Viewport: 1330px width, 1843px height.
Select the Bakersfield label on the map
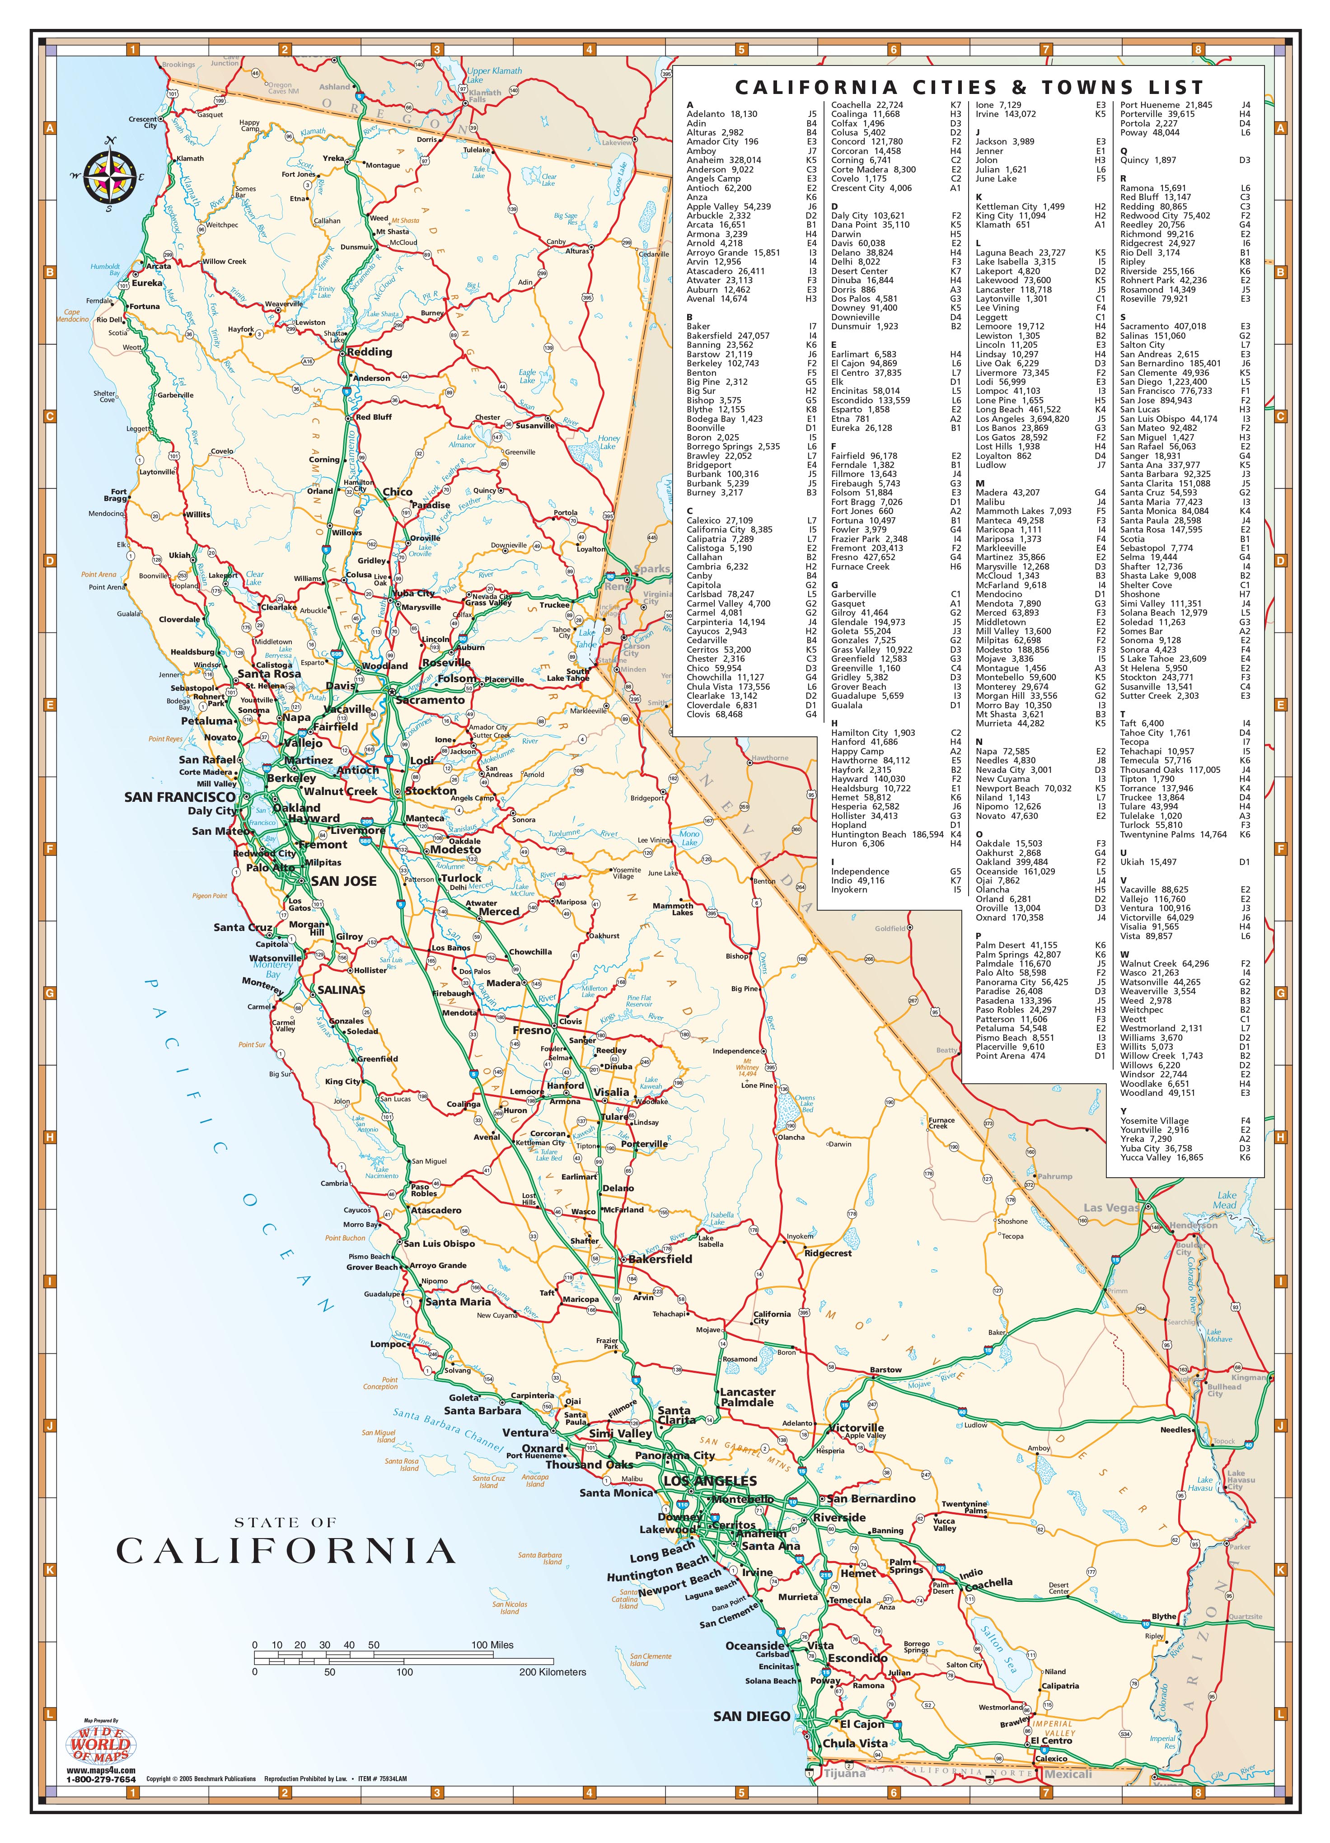coord(660,1259)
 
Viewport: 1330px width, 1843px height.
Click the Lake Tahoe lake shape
coord(586,638)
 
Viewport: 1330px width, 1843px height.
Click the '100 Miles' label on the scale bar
coord(492,1645)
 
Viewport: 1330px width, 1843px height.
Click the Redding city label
coord(370,352)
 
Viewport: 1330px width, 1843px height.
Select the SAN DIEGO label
coord(752,1716)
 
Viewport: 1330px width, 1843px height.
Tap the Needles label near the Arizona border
coord(1175,1429)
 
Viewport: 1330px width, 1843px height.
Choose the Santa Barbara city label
coord(482,1411)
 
